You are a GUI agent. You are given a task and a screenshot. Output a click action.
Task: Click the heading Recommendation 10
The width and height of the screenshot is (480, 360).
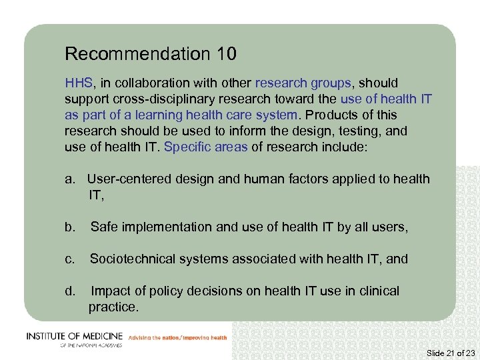[x=151, y=53]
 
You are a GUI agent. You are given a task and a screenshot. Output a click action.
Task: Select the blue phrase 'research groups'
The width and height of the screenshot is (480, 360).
[x=303, y=83]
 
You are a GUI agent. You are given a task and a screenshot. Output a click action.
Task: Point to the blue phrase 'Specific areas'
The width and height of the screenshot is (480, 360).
[x=205, y=147]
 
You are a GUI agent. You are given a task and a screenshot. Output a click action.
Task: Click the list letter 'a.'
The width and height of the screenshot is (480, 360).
[x=71, y=179]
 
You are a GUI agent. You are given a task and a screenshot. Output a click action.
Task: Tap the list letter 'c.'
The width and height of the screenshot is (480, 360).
[x=70, y=259]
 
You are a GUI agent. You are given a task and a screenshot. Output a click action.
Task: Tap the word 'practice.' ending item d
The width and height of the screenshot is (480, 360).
[x=113, y=307]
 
